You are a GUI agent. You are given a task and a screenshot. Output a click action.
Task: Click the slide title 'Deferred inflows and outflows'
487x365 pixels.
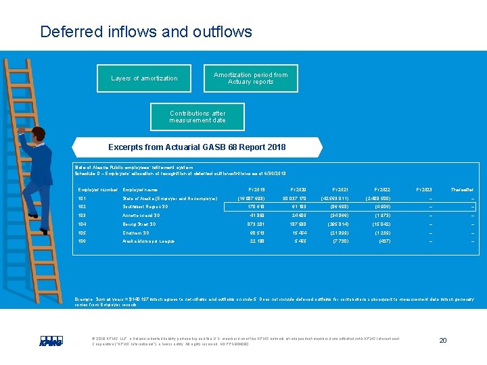(146, 32)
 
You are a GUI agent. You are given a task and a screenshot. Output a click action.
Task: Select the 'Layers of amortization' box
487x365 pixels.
(144, 78)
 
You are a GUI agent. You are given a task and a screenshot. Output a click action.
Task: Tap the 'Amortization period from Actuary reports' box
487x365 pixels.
(250, 78)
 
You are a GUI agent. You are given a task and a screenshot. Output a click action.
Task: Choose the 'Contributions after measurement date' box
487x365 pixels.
(198, 117)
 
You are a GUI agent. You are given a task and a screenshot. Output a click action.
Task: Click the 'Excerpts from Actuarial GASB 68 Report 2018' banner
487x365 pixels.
(197, 147)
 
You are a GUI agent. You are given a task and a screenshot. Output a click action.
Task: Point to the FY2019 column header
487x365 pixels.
(257, 190)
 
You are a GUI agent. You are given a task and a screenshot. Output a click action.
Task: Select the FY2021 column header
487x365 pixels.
(340, 190)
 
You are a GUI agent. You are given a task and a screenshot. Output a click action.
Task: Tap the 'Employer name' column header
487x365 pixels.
(140, 190)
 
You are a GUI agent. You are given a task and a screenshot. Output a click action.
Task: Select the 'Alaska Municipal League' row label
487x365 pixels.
(148, 241)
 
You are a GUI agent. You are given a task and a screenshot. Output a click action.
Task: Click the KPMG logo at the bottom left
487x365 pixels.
(51, 342)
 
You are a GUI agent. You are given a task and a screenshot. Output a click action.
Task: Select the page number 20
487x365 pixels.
(442, 340)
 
